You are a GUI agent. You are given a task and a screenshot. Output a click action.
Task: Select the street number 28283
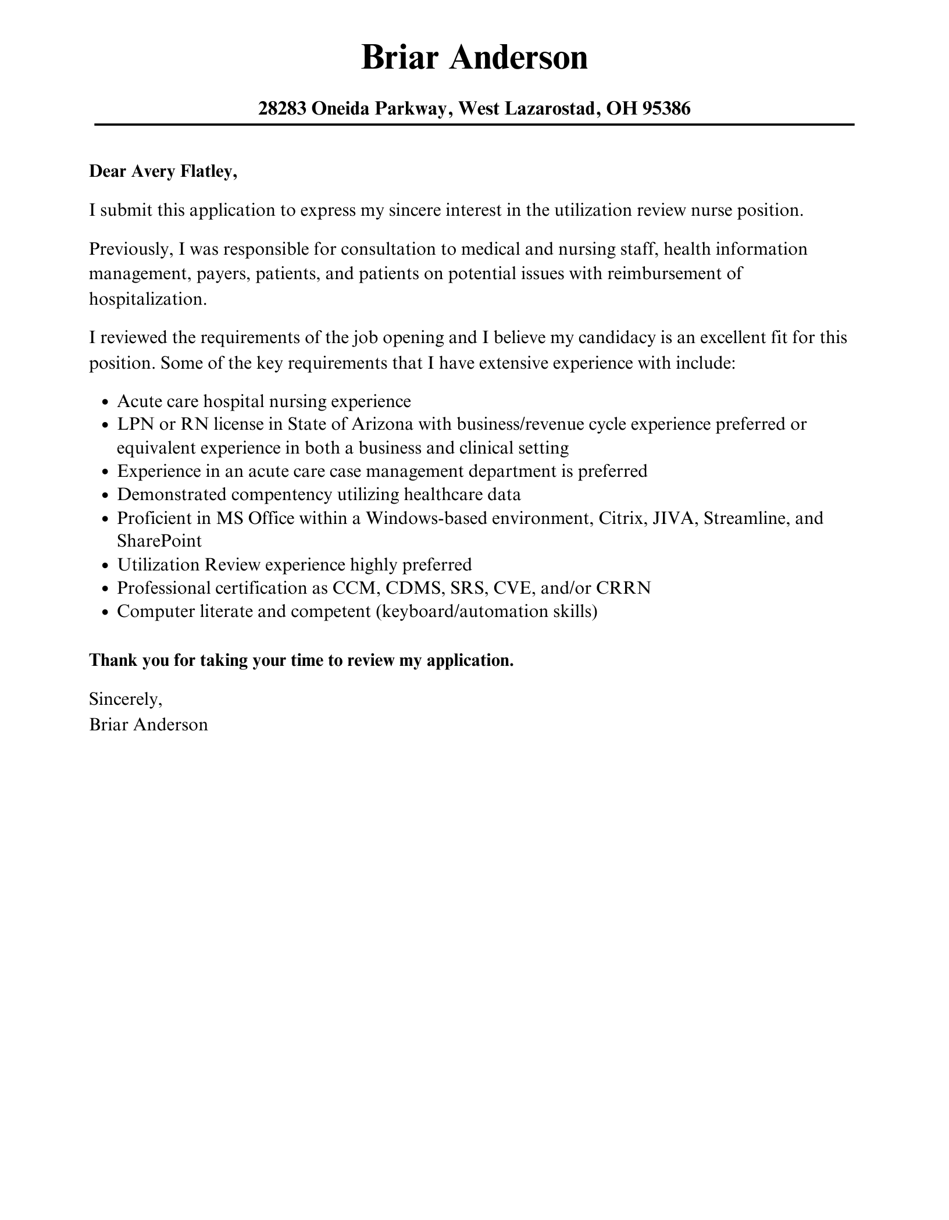[x=282, y=108]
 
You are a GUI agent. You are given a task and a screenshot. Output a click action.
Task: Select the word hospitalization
[x=148, y=299]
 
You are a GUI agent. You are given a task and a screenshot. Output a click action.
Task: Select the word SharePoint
[x=159, y=541]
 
